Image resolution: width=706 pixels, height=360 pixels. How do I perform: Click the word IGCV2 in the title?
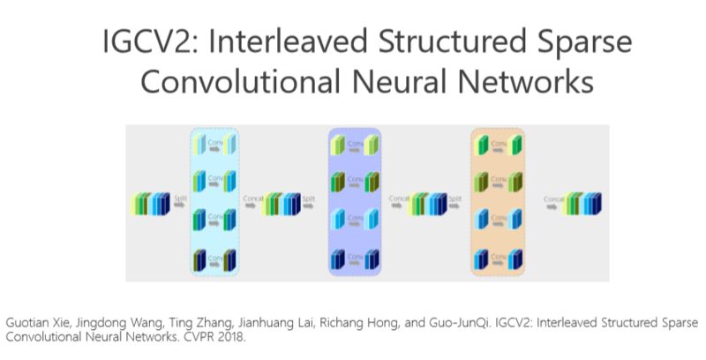[130, 44]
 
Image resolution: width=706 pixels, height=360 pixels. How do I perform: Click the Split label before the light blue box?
[180, 199]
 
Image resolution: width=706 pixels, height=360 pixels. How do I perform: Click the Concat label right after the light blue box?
[251, 199]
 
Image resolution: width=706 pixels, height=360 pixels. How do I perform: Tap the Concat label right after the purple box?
[397, 199]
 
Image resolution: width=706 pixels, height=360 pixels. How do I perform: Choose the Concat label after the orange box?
[554, 199]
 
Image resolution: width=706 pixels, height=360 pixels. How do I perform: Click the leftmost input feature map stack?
[149, 205]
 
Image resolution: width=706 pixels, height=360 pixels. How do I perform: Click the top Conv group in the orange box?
[499, 145]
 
